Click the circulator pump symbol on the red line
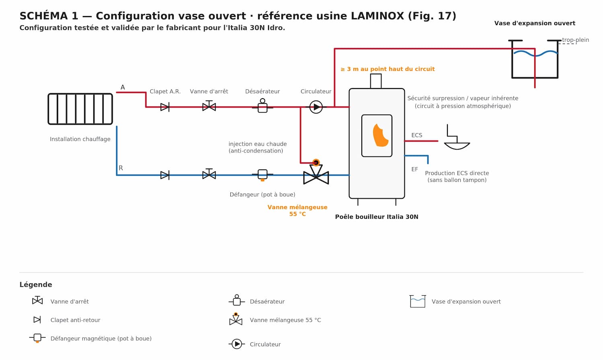(316, 107)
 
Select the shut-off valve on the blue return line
(209, 174)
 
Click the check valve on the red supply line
(165, 107)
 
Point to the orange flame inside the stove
(380, 136)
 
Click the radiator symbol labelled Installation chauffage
(80, 109)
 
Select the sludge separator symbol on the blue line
(263, 175)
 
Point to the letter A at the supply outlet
(123, 87)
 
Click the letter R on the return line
(121, 168)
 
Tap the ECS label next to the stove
(417, 135)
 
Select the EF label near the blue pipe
(414, 169)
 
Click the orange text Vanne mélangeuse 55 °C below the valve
(297, 210)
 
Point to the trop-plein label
(576, 40)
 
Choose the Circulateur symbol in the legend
(237, 344)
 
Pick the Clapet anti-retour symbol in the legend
(37, 320)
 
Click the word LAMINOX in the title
(377, 16)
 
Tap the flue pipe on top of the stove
(376, 81)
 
